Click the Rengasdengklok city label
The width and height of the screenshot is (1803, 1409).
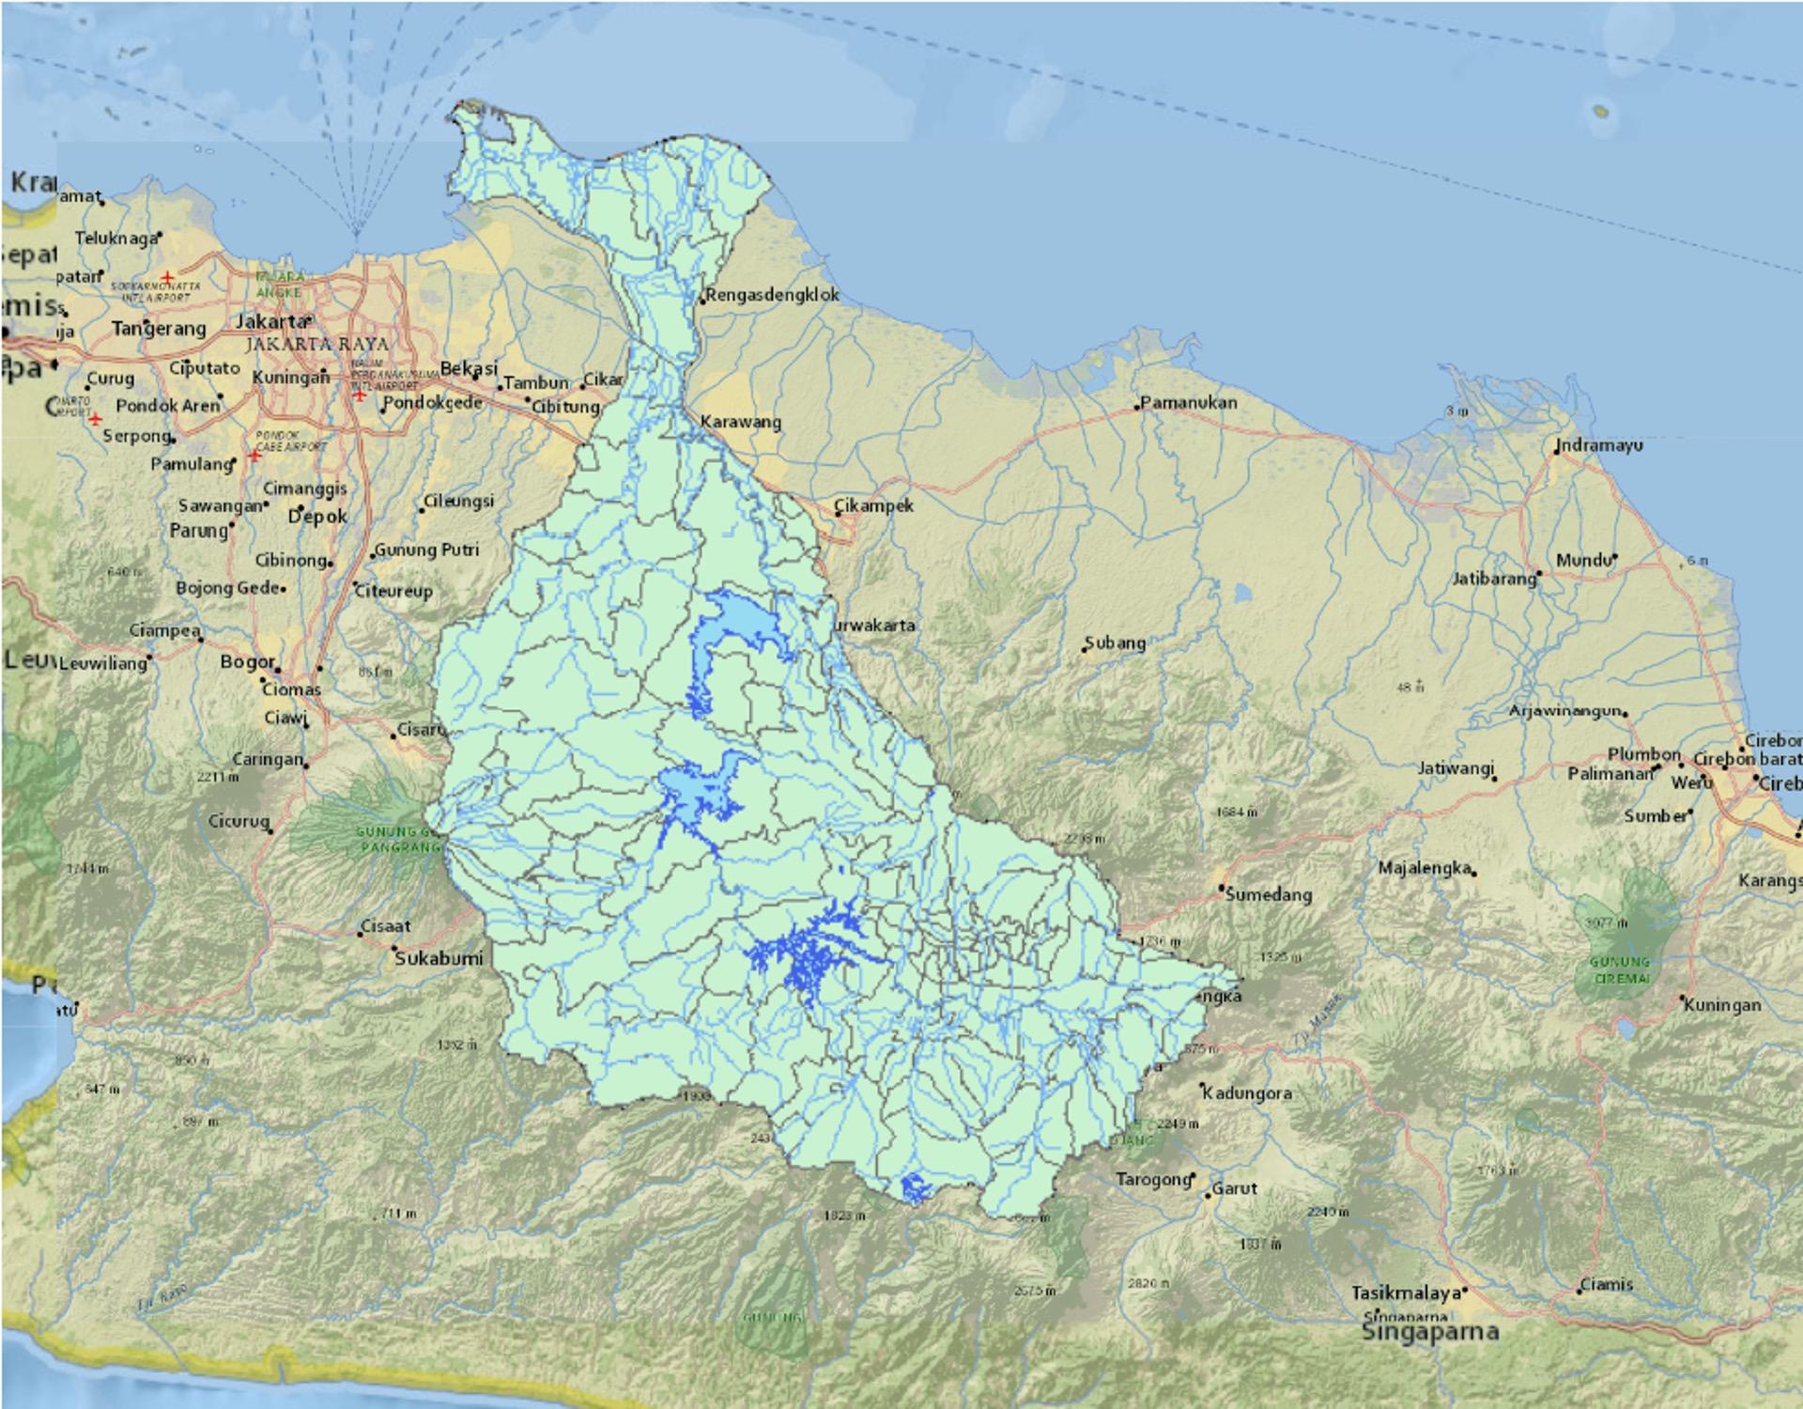773,295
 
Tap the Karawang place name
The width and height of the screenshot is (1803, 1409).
741,422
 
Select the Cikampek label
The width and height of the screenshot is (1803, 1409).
874,505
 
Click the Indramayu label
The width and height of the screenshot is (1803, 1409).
1599,445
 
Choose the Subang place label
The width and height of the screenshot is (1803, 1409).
1116,643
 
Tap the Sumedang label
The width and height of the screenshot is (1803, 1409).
1268,895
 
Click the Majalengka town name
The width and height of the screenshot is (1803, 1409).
1425,868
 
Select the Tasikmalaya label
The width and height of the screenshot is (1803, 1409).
1406,1293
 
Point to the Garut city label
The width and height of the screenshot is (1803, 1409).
1235,1188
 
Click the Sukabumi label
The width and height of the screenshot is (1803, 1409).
439,959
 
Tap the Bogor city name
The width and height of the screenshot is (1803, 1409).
248,662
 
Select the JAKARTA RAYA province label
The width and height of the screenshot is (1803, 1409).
316,345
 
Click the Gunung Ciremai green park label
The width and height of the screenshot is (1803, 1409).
1621,969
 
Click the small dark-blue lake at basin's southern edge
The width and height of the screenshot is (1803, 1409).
914,1189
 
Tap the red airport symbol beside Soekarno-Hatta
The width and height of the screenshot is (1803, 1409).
167,277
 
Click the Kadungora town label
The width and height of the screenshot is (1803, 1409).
1247,1093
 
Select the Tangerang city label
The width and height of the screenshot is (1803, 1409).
159,329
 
